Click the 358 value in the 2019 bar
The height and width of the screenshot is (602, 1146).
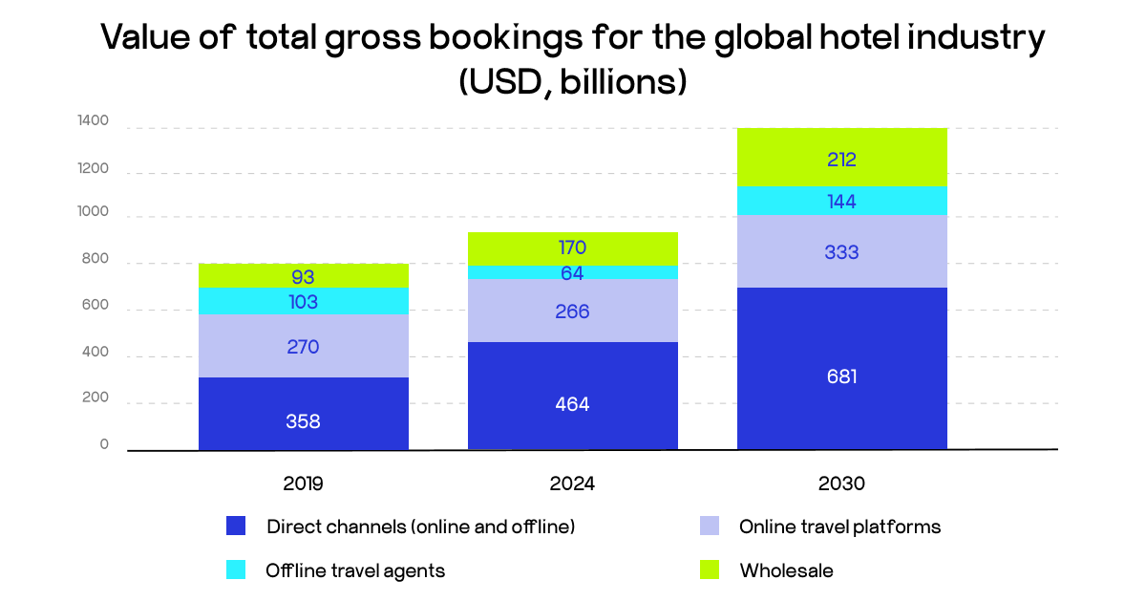[303, 420]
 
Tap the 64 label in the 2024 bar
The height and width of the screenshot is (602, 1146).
[572, 272]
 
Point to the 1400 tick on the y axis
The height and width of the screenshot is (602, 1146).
[94, 121]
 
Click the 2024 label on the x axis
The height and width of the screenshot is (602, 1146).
[572, 484]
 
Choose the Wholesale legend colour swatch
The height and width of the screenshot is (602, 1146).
[710, 570]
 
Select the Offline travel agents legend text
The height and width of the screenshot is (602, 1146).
[355, 570]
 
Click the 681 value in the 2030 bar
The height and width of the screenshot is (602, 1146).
[841, 376]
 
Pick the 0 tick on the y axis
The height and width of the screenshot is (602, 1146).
[104, 444]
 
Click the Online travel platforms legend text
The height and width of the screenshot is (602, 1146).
[839, 527]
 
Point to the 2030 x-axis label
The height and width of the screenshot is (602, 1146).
[841, 484]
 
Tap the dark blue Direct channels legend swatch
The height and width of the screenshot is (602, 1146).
[236, 526]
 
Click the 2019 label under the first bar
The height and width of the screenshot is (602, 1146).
[303, 484]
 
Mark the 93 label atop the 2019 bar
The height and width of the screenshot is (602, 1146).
[303, 277]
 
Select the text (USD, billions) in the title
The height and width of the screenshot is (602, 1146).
[573, 81]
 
